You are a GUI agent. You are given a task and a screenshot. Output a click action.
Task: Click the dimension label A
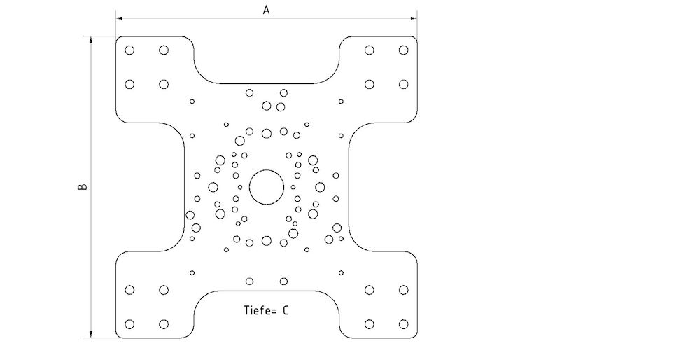coord(266,9)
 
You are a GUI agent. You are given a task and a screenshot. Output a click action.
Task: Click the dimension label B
coord(82,187)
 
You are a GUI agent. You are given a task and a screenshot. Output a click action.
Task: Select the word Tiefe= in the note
coord(259,310)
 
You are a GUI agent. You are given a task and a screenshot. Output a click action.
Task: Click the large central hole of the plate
coord(267,187)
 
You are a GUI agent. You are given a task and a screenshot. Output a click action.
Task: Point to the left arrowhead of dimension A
coord(120,18)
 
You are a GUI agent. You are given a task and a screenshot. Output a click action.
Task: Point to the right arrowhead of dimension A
coord(414,18)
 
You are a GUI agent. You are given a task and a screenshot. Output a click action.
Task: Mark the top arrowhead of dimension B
coord(91,40)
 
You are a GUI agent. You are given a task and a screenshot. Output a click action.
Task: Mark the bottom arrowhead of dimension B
coord(91,334)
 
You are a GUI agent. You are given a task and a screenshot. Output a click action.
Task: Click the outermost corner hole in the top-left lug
coord(129,50)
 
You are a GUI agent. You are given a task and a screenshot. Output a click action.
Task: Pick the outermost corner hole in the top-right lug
coord(403,50)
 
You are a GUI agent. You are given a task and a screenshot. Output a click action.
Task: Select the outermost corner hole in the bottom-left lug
coord(129,324)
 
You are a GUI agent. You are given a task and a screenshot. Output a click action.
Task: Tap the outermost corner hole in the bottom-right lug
coord(403,324)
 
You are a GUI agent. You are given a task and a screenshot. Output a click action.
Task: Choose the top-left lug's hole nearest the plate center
coord(164,84)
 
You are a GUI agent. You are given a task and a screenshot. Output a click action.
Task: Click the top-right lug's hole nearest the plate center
coord(369,84)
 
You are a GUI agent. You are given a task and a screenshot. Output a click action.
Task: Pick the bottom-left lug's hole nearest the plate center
coord(164,289)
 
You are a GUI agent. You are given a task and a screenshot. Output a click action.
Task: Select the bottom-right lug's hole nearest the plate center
coord(369,289)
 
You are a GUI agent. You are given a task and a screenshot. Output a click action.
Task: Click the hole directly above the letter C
coord(283,282)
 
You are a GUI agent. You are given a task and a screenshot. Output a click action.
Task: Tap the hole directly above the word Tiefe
coord(249,282)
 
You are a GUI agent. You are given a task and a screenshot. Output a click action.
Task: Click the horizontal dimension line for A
coord(210,18)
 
